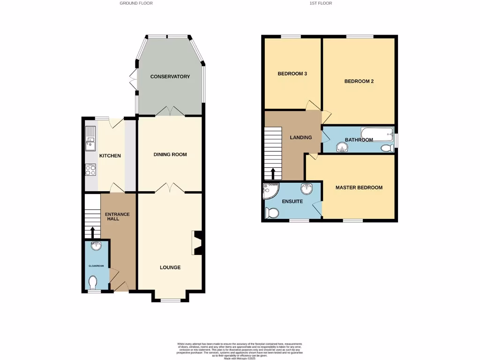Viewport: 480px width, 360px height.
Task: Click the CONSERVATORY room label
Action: [x=170, y=76]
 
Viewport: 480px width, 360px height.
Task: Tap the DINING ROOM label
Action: [x=170, y=154]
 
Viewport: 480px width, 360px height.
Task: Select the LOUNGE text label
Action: [x=170, y=268]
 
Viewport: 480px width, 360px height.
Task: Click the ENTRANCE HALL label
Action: [x=117, y=217]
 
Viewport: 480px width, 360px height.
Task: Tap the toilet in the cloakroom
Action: [x=93, y=283]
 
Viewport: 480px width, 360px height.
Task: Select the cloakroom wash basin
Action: [x=96, y=246]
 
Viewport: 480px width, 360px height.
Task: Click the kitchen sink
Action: [x=90, y=139]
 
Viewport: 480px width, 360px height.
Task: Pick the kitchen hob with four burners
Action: [x=91, y=170]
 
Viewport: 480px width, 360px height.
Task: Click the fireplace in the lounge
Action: [x=197, y=243]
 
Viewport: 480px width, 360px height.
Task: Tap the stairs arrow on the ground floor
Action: [x=92, y=232]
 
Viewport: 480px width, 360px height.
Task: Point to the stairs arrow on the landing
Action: [x=273, y=173]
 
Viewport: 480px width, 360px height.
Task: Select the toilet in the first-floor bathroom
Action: [x=387, y=148]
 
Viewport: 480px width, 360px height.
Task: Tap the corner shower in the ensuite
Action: [x=270, y=190]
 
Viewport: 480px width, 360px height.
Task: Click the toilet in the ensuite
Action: [x=272, y=213]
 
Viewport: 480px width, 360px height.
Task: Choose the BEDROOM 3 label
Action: [x=292, y=74]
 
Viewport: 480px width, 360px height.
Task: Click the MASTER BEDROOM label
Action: [x=359, y=187]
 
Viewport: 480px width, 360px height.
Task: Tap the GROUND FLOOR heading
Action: [x=136, y=3]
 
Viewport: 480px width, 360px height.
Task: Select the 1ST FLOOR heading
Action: [x=321, y=3]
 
